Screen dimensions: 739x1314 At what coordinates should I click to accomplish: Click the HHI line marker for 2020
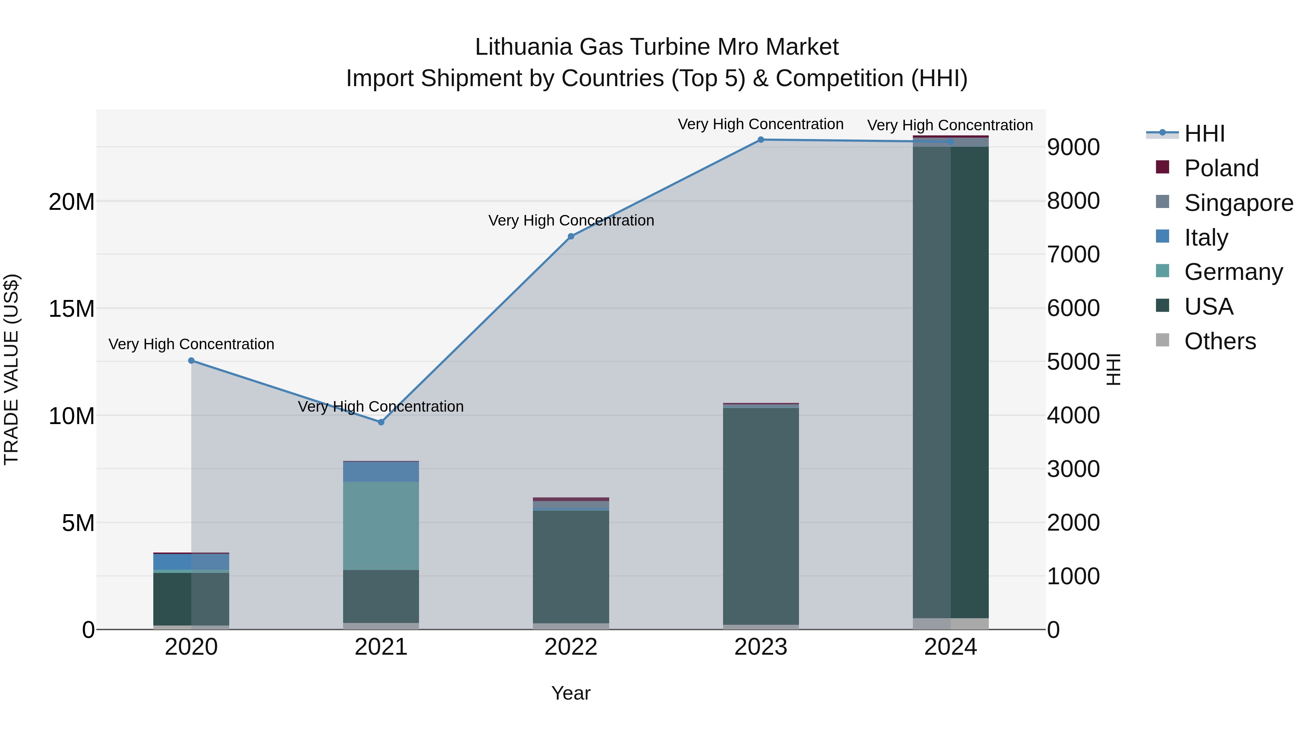coord(191,361)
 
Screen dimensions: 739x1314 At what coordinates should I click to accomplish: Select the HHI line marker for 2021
coord(381,422)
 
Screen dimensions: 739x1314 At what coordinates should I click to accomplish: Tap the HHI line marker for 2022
coord(571,236)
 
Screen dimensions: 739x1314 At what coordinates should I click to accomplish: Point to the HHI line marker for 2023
coord(761,140)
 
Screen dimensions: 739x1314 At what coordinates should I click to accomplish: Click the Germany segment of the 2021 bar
coord(381,525)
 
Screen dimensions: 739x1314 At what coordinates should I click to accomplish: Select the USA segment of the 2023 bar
coord(761,515)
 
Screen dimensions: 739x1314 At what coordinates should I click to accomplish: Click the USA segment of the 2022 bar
coord(571,566)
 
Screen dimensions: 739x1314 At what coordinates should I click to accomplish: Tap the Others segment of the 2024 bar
coord(950,624)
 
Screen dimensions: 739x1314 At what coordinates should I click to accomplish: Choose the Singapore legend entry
coord(1238,203)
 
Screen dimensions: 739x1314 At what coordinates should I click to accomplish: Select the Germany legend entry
coord(1233,272)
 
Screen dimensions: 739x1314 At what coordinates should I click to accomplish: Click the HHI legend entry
coord(1204,134)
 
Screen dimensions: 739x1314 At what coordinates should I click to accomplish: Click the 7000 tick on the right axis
coord(1073,254)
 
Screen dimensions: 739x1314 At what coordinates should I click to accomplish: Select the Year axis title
coord(571,693)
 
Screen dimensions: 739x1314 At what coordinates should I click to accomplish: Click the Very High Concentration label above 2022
coord(571,221)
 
